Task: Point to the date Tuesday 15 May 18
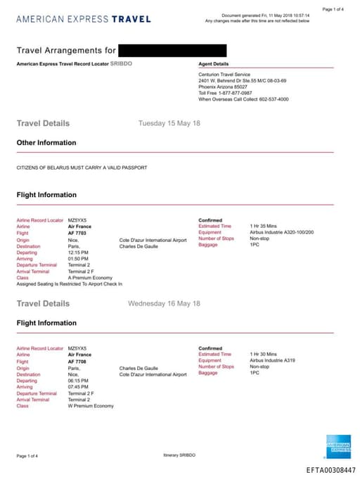169,123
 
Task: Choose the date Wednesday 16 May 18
164,303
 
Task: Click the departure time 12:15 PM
78,252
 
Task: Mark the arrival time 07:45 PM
78,387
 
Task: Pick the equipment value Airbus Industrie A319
272,360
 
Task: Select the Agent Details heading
213,64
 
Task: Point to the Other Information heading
46,143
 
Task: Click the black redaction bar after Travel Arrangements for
172,50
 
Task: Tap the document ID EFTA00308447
330,470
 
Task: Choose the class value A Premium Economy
90,278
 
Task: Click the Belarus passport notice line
82,168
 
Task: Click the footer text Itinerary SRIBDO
180,455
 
